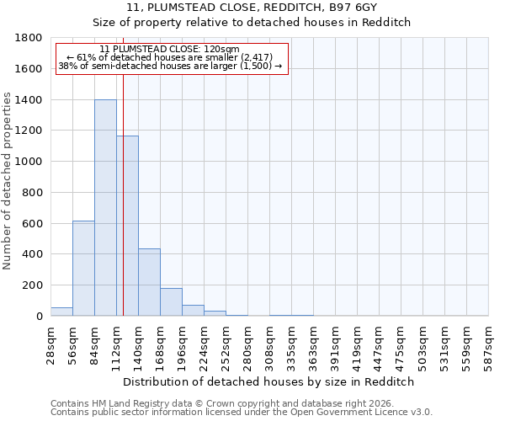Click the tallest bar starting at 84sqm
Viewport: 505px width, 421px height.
pos(105,208)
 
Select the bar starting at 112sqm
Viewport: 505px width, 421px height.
pos(128,226)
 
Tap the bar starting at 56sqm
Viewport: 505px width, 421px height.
pos(83,268)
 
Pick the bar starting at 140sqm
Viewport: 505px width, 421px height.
pos(149,282)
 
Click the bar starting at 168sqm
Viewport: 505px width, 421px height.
pos(171,301)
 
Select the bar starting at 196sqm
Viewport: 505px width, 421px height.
pos(193,310)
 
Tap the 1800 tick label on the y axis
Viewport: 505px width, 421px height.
pos(29,38)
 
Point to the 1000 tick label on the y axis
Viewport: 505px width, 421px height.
pos(29,162)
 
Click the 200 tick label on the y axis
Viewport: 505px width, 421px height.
pos(33,285)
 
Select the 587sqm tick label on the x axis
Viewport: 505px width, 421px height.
pos(489,345)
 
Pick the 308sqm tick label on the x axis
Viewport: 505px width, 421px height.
pos(270,345)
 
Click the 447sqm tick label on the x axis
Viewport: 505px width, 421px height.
pos(380,345)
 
